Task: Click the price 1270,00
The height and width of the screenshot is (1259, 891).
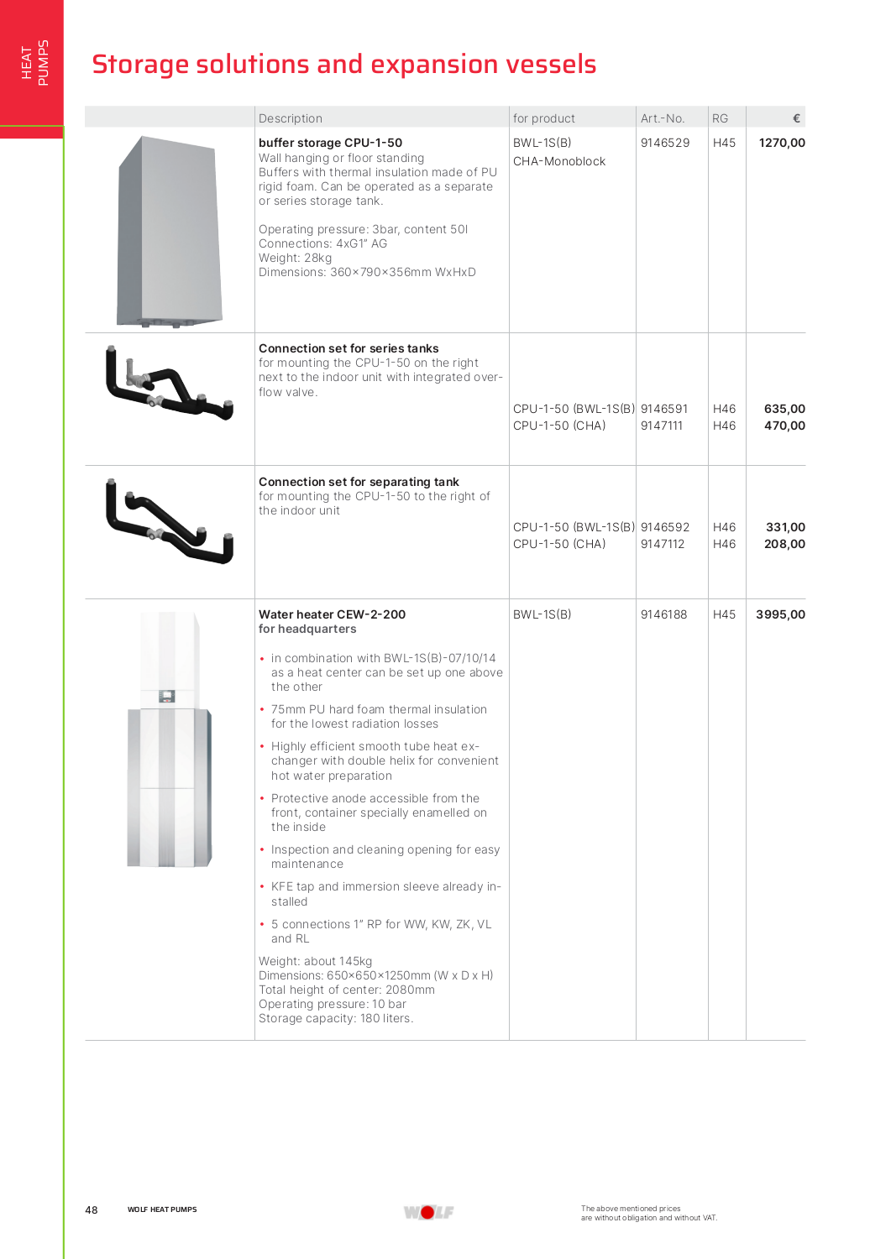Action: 781,143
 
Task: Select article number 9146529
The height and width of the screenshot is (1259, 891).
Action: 664,143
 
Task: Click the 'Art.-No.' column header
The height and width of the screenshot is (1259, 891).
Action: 662,118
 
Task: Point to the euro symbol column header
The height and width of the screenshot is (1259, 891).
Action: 796,118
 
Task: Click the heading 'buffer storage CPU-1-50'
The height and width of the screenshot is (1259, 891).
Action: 330,143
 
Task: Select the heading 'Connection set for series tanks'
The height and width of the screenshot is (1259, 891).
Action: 349,348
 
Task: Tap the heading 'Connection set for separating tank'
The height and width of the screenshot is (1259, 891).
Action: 359,482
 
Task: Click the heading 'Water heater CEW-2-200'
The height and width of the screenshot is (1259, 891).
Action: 332,614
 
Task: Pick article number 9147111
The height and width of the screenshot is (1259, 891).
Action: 661,426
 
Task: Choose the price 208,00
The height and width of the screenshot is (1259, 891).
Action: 784,544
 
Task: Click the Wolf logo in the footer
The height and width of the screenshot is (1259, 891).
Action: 428,1212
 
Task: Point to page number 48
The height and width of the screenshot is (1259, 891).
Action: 92,1210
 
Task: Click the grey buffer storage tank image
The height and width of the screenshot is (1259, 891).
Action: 170,231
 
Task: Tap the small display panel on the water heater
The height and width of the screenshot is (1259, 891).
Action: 166,697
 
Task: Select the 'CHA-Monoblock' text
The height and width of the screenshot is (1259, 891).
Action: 558,161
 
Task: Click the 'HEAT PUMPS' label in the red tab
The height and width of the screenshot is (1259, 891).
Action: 34,63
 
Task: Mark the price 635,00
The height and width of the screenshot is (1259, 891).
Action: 784,409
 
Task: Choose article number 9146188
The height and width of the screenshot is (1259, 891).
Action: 663,614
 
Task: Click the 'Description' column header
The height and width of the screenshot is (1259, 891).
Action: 290,118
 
